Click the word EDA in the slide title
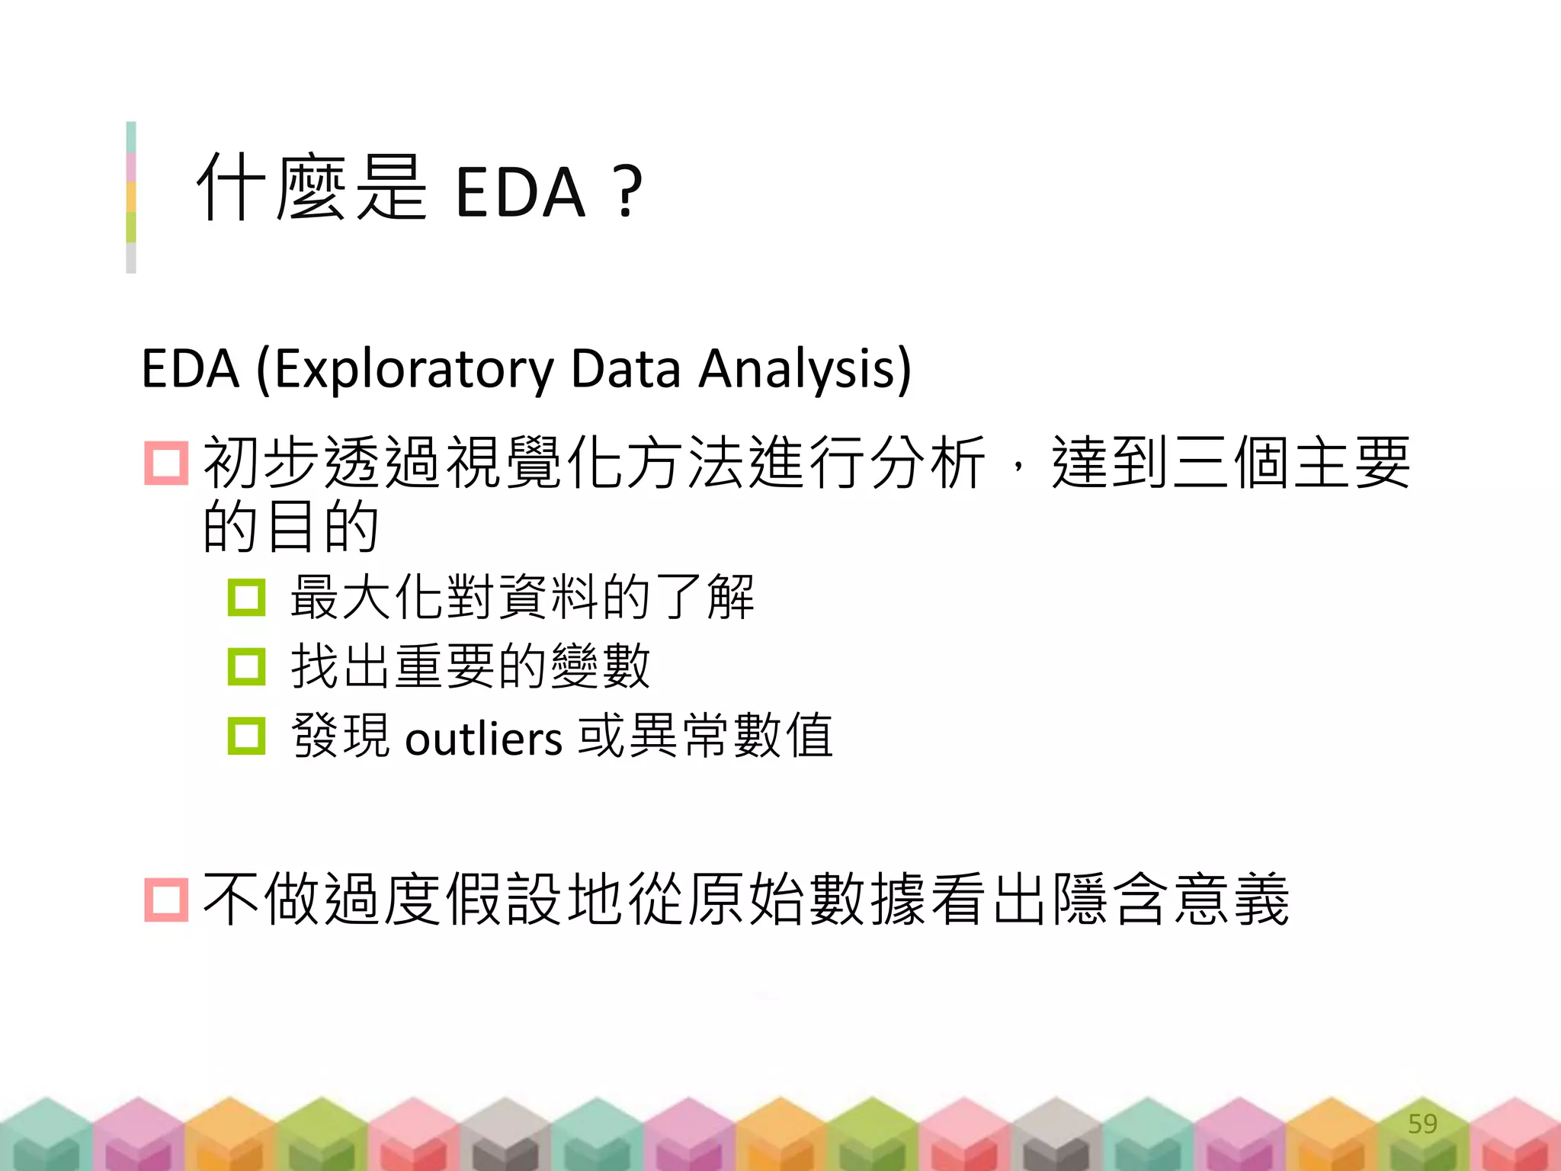coord(520,192)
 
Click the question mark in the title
coord(627,192)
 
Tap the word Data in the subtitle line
coord(625,370)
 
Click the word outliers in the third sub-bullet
coord(483,738)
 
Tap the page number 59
coord(1422,1123)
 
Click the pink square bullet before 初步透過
coord(166,463)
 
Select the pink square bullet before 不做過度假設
coord(166,900)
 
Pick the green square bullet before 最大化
coord(246,597)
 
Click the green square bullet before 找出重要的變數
coord(246,666)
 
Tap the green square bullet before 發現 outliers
coord(246,736)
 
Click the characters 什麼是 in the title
coord(312,188)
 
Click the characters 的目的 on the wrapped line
coord(290,527)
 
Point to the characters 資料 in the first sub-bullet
coord(549,597)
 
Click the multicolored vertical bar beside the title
coord(131,197)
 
